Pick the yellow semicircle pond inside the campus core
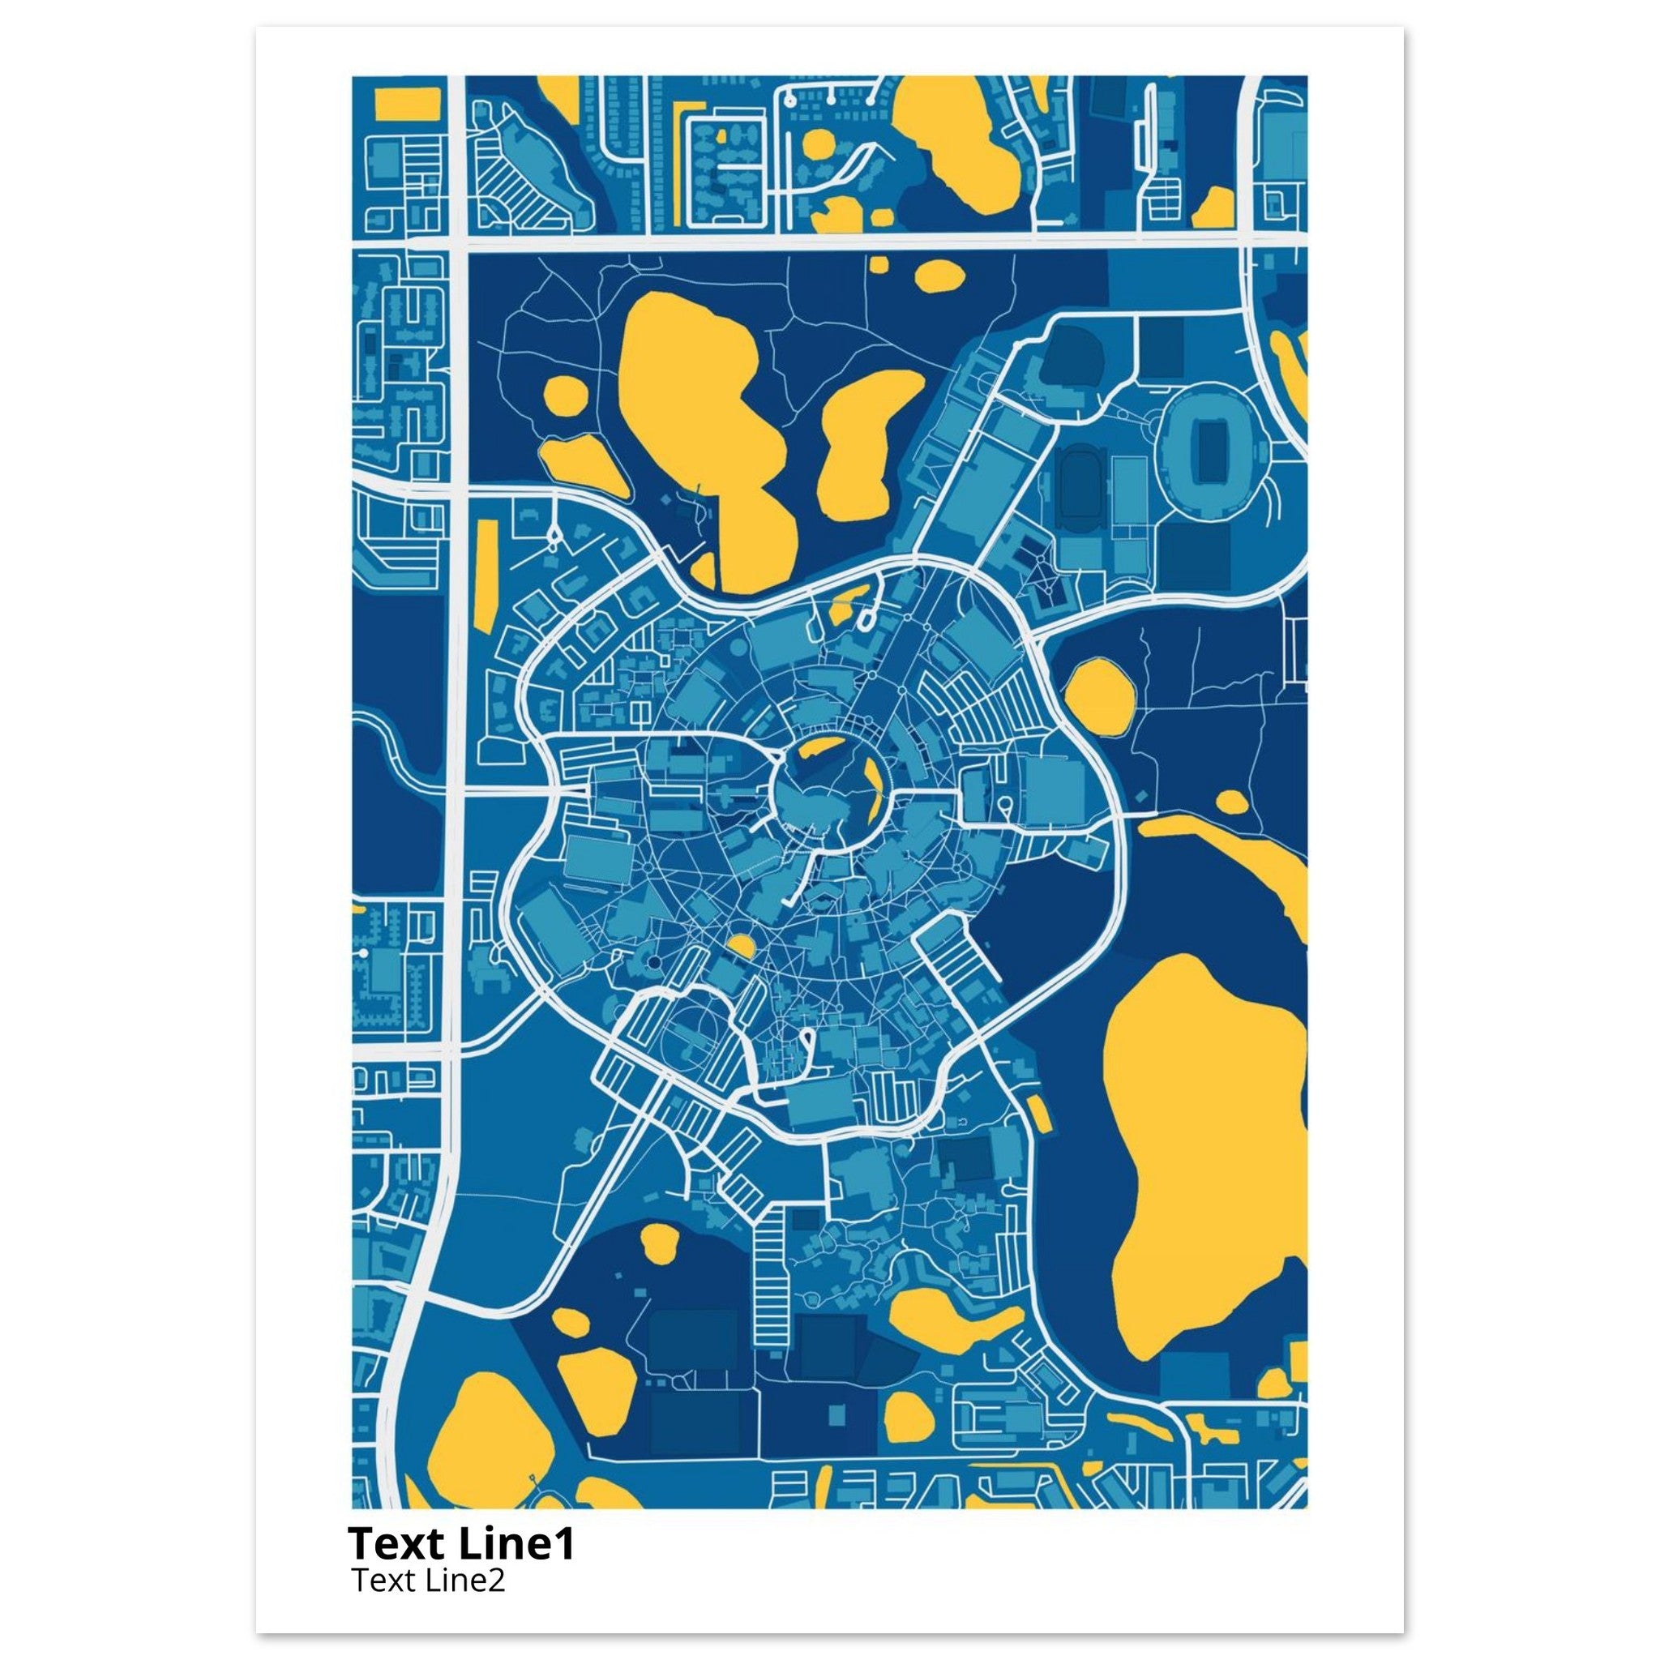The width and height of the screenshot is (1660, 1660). point(741,948)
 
